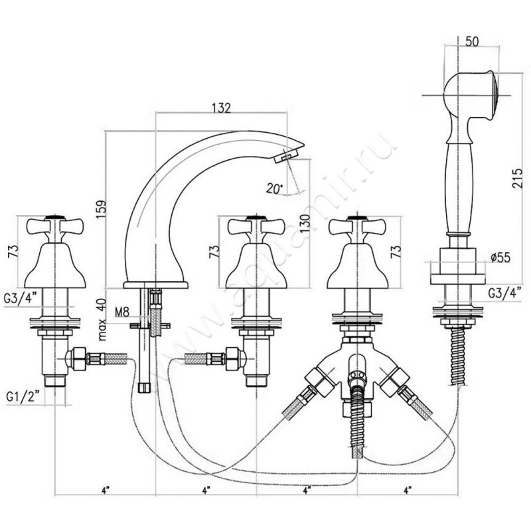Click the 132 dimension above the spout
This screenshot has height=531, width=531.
[221, 108]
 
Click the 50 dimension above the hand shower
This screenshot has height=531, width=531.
[473, 41]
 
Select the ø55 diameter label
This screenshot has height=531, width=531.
[500, 257]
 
